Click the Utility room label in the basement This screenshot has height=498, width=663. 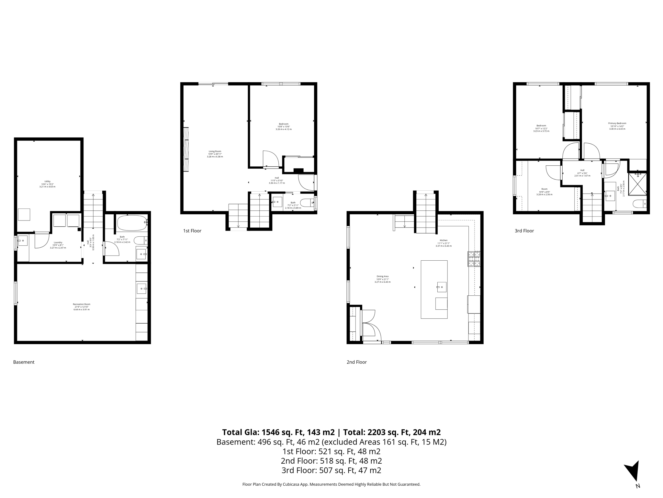point(48,182)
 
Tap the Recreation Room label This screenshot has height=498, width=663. point(82,304)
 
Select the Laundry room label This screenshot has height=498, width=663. point(58,243)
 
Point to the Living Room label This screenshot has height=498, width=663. point(215,151)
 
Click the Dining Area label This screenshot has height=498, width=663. point(382,277)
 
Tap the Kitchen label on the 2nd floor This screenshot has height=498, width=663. point(444,241)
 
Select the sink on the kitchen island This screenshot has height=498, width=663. point(441,287)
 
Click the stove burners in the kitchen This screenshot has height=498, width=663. point(474,259)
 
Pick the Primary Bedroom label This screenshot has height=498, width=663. point(617,124)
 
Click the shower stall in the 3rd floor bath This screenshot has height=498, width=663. point(637,184)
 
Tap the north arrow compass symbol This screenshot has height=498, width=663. point(633,473)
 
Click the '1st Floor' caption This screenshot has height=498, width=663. point(192,231)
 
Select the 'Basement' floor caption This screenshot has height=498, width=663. point(24,362)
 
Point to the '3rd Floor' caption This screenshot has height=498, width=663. point(524,231)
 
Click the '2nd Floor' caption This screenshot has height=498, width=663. point(357,362)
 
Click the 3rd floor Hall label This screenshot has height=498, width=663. point(582,170)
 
